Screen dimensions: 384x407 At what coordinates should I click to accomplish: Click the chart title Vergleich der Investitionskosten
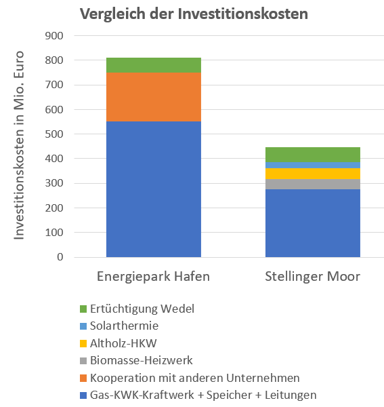[x=194, y=14]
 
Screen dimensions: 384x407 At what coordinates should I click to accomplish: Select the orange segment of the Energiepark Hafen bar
[x=154, y=97]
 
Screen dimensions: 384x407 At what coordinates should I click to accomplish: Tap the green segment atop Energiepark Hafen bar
[x=154, y=65]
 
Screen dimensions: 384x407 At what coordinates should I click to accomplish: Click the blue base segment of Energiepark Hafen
[x=154, y=189]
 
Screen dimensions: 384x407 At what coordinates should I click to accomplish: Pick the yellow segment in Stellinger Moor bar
[x=313, y=174]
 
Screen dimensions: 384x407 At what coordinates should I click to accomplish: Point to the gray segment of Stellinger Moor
[x=313, y=185]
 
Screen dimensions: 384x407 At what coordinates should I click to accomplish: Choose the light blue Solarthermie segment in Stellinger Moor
[x=313, y=166]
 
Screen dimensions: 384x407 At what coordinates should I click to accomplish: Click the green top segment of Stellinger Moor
[x=313, y=155]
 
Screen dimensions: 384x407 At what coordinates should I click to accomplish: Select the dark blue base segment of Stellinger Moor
[x=313, y=223]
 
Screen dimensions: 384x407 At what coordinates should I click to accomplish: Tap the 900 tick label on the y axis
[x=54, y=36]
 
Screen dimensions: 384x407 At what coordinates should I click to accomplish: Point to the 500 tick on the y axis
[x=54, y=134]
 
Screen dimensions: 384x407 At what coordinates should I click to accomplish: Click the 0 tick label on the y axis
[x=60, y=257]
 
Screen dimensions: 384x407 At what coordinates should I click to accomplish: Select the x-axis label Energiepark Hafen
[x=153, y=277]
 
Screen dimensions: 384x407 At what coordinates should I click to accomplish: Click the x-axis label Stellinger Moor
[x=313, y=277]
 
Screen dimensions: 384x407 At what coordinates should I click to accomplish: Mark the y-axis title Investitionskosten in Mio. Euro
[x=19, y=145]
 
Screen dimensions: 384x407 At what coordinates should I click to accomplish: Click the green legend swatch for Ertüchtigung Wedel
[x=83, y=309]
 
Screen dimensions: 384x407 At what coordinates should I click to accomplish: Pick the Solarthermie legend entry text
[x=124, y=326]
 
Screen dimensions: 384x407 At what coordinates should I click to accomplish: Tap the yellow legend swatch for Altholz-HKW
[x=83, y=343]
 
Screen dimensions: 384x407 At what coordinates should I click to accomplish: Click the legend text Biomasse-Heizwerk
[x=142, y=361]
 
